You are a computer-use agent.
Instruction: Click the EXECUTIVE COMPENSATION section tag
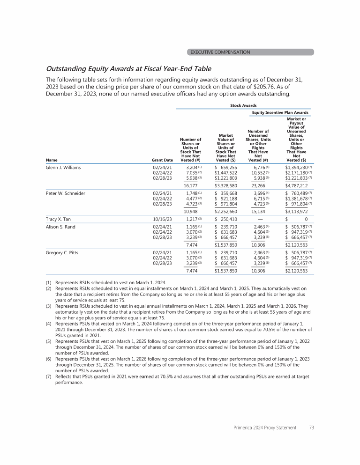coord(220,52)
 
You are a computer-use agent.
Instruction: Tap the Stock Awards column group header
coord(243,106)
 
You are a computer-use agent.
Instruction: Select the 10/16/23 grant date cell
coord(163,219)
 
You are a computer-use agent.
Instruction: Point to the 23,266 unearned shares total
coord(256,185)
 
